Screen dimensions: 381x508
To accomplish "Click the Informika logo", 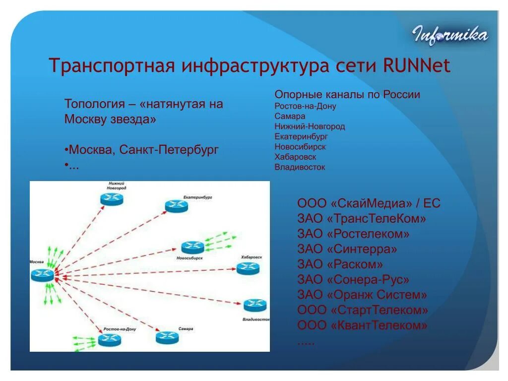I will (x=450, y=35).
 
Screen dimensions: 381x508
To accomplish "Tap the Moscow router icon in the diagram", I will (x=42, y=274).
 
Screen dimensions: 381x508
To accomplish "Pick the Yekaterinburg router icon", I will (x=176, y=206).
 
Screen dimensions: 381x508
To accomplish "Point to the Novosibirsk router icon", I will (x=192, y=247).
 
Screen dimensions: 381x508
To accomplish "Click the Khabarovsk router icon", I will (x=248, y=268).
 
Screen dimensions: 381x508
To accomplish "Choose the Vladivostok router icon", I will (x=254, y=305).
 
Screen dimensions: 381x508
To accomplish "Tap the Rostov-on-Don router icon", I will (x=109, y=340).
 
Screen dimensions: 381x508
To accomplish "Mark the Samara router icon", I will (x=167, y=337).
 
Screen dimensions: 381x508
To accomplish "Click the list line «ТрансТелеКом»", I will (x=362, y=218).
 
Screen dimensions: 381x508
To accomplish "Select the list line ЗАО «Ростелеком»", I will (x=354, y=234).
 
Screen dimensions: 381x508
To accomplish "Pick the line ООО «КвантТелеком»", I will (x=363, y=326).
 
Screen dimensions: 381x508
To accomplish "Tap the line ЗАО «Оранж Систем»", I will (x=362, y=295).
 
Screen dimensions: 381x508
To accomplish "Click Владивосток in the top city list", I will (x=300, y=167).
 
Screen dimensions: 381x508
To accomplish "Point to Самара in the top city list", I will (x=290, y=116).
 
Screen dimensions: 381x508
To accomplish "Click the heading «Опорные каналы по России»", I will (x=347, y=95).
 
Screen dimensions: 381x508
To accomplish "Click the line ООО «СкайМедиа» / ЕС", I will (x=369, y=203).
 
